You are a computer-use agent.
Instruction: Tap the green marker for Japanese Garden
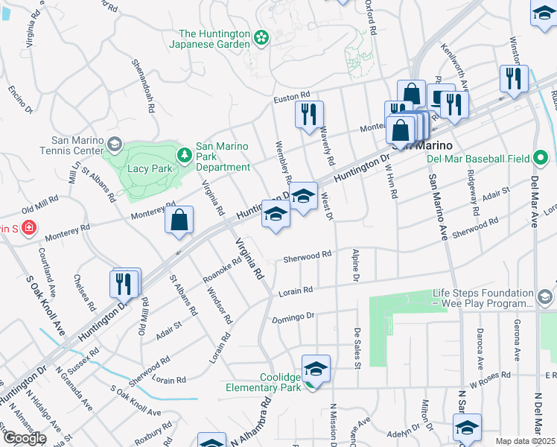click(x=261, y=37)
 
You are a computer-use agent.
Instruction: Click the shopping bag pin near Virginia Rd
click(x=179, y=221)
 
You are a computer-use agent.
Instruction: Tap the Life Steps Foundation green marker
click(x=545, y=299)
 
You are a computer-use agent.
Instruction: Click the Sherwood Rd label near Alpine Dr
click(x=307, y=256)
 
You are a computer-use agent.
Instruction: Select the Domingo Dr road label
click(x=294, y=318)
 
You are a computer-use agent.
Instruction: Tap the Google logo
click(x=25, y=438)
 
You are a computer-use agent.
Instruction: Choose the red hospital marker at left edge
click(x=29, y=227)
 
